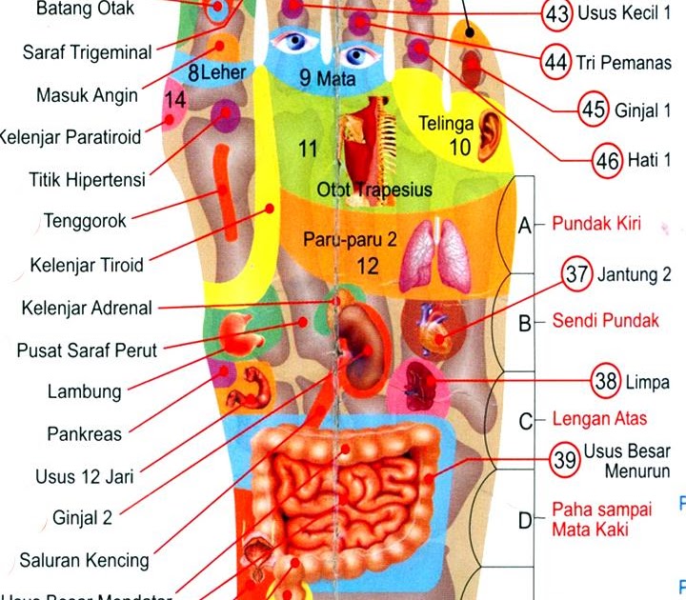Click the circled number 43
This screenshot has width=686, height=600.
pos(555,15)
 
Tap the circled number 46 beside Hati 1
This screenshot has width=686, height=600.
pos(606,158)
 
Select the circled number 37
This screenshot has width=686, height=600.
pos(576,275)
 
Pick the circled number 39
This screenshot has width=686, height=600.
pos(565,460)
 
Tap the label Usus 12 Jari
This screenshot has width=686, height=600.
pos(84,474)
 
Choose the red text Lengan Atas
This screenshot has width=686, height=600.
pos(599,419)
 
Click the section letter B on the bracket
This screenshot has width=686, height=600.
pos(524,323)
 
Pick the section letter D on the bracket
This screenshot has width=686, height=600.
pos(524,520)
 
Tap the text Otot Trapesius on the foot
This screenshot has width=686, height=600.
pos(373,190)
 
